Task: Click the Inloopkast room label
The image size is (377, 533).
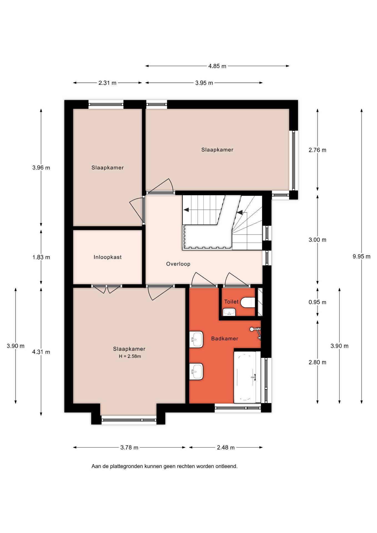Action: pyautogui.click(x=107, y=257)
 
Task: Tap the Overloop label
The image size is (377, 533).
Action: pyautogui.click(x=178, y=264)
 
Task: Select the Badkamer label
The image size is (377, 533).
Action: pyautogui.click(x=225, y=338)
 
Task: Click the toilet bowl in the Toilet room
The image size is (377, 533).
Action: pyautogui.click(x=248, y=302)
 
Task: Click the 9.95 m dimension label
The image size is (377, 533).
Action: pyautogui.click(x=361, y=257)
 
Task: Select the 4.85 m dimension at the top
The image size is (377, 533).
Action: pyautogui.click(x=217, y=66)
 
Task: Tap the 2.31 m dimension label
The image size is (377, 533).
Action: pyautogui.click(x=107, y=83)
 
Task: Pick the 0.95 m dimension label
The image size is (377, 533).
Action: pyautogui.click(x=317, y=302)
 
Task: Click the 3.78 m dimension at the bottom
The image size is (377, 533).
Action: pyautogui.click(x=129, y=447)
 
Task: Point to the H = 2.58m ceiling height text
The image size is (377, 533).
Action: pyautogui.click(x=130, y=356)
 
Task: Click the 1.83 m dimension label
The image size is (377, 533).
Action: pyautogui.click(x=41, y=257)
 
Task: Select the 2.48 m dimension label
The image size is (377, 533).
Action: pyautogui.click(x=226, y=447)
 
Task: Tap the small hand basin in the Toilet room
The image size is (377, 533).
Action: pyautogui.click(x=229, y=312)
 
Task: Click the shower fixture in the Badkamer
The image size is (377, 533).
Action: pyautogui.click(x=256, y=333)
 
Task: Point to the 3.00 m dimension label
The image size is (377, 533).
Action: pyautogui.click(x=317, y=240)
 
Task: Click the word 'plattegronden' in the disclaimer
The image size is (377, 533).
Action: pyautogui.click(x=127, y=466)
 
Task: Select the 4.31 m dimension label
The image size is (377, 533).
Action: pyautogui.click(x=41, y=352)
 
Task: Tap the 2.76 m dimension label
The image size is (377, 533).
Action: pyautogui.click(x=317, y=150)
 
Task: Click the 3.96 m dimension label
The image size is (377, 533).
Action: pyautogui.click(x=41, y=168)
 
